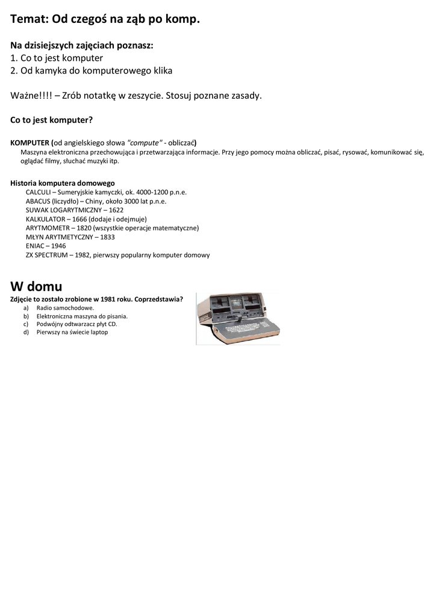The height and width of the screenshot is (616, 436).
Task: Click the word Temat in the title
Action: [x=30, y=19]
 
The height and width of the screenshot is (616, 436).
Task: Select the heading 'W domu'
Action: [x=36, y=286]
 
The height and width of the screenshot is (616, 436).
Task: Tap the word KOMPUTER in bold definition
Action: [x=30, y=143]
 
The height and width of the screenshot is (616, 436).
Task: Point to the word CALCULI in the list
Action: [x=38, y=192]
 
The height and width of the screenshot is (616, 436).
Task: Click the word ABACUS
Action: [x=37, y=201]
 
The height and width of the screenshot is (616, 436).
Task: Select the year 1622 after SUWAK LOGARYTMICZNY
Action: [x=116, y=210]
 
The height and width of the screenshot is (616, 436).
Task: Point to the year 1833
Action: [x=107, y=237]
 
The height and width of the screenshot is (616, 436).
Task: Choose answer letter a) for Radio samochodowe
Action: [x=26, y=307]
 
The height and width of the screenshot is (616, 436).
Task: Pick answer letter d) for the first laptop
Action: [x=26, y=331]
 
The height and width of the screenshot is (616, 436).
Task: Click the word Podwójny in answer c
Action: [x=49, y=324]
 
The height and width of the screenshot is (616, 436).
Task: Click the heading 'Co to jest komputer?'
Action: [x=51, y=120]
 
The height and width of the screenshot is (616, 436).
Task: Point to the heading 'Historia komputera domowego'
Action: [x=63, y=183]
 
